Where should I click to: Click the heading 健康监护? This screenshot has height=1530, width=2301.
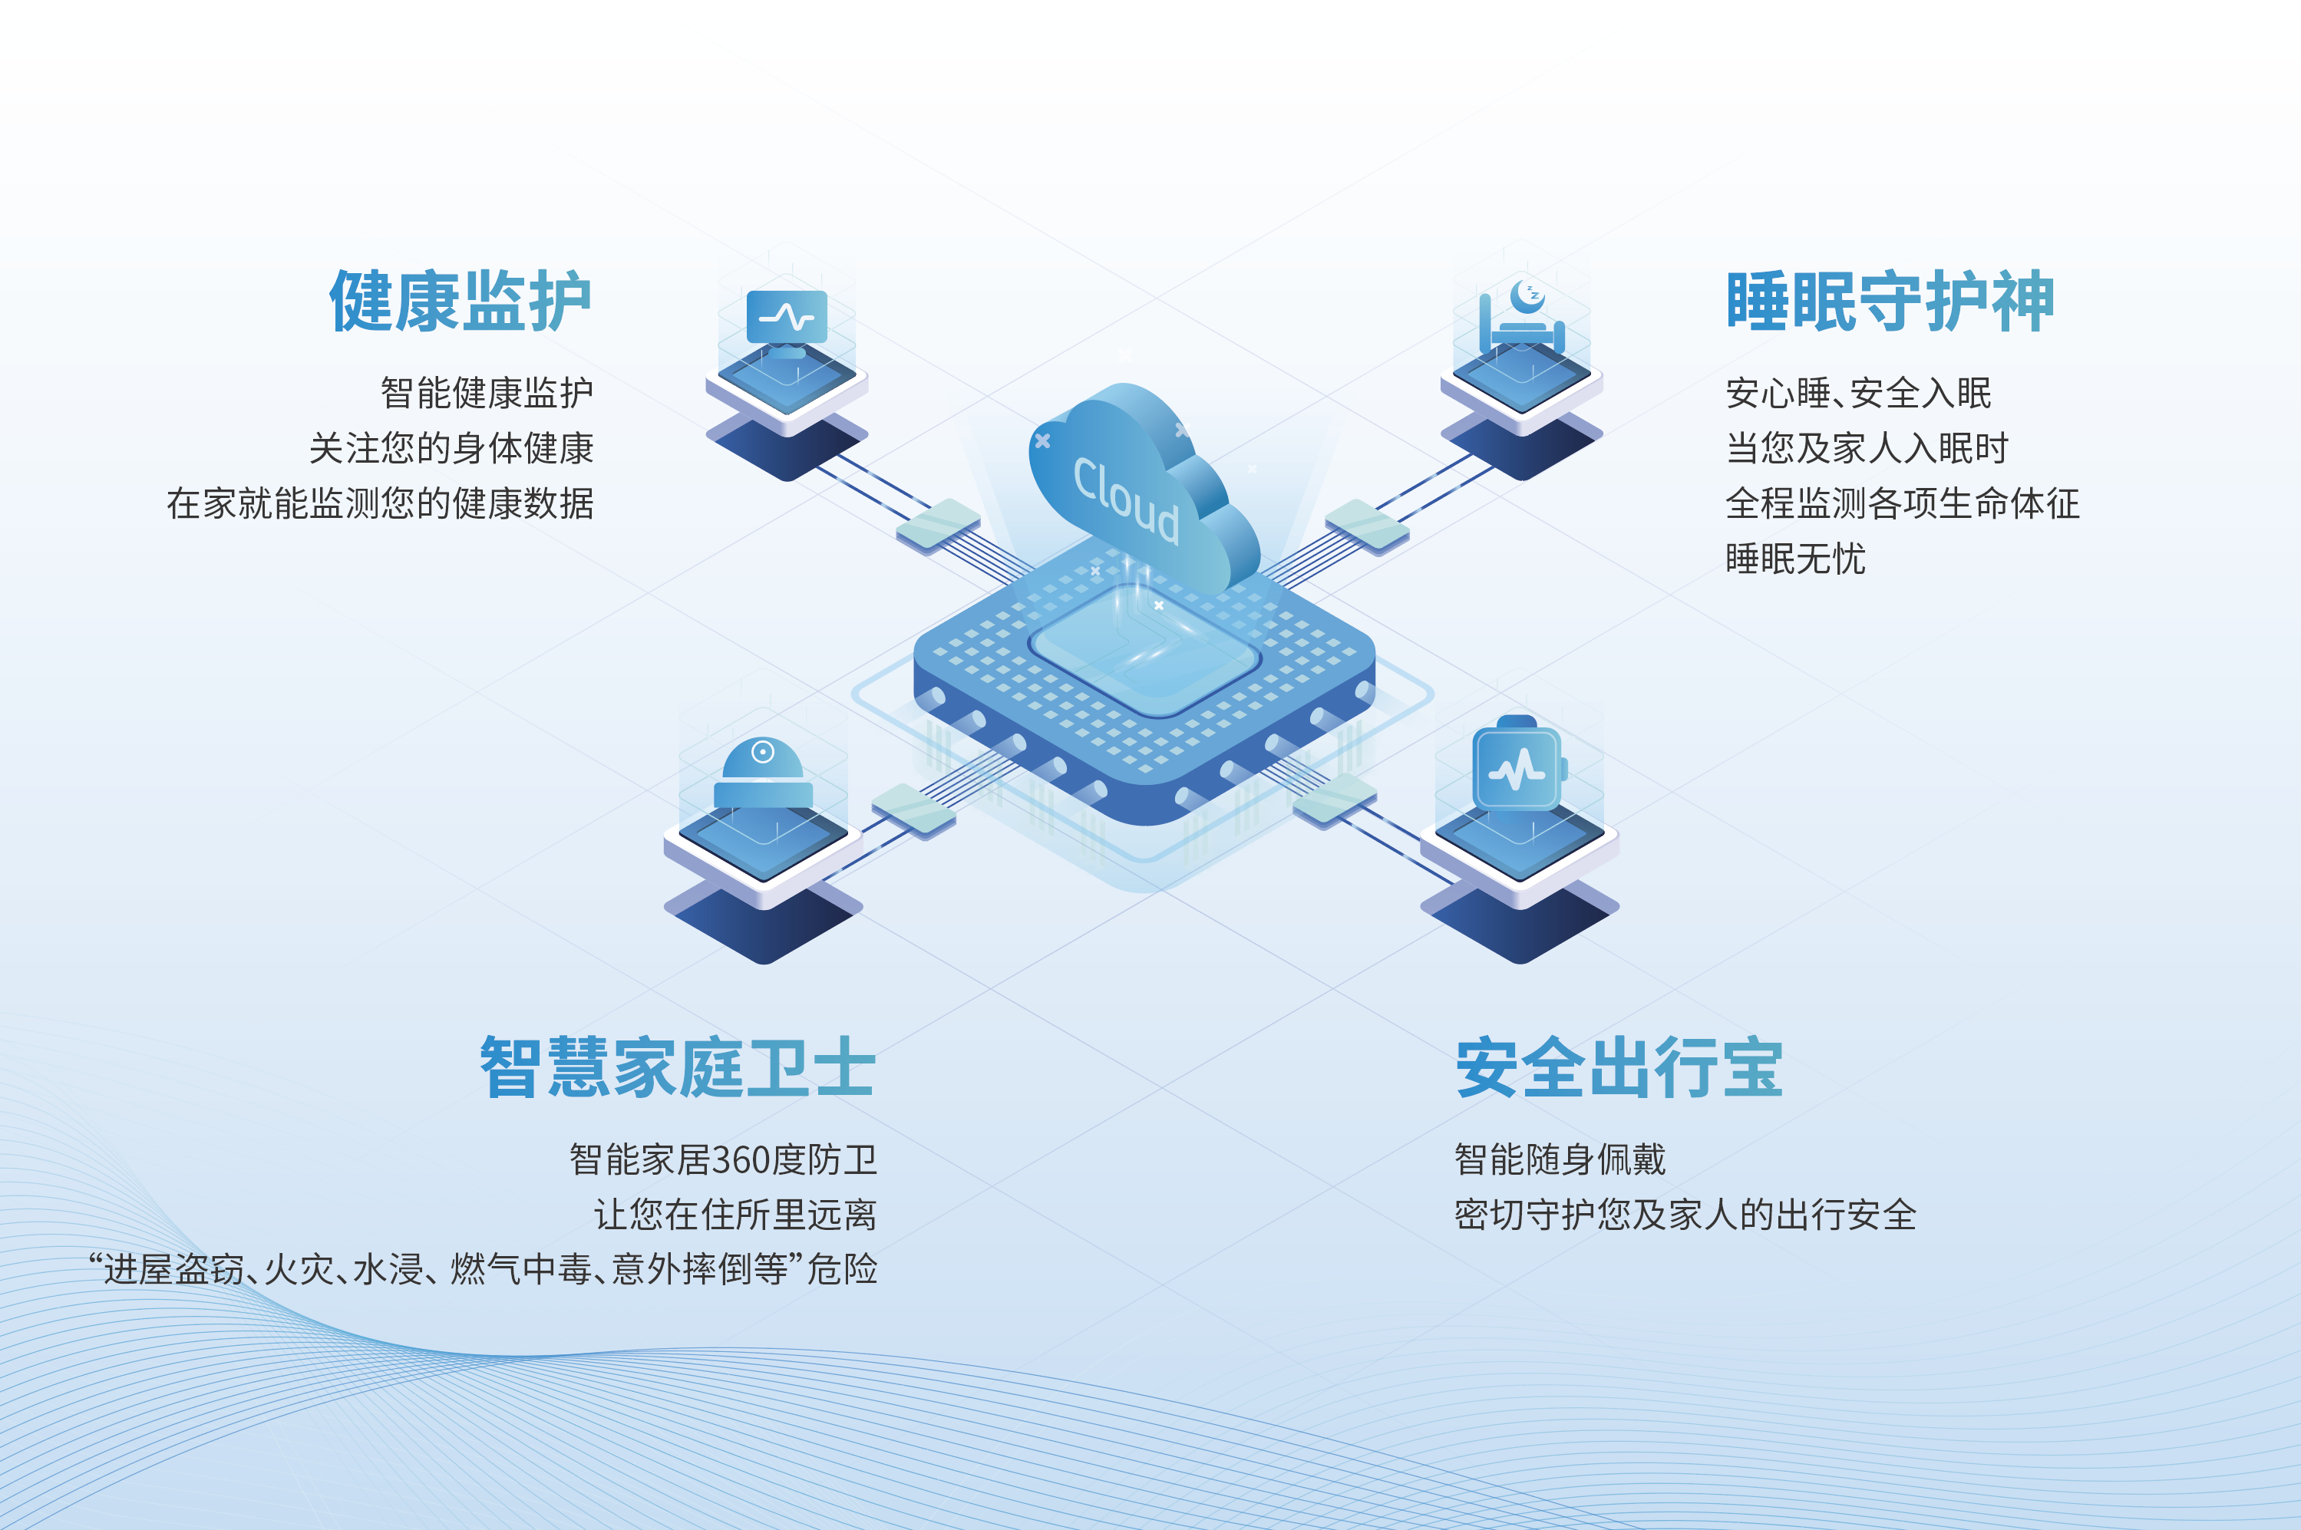tap(461, 302)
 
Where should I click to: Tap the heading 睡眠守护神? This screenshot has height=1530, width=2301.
tap(1890, 302)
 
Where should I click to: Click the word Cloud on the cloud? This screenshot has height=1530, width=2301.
tap(1126, 500)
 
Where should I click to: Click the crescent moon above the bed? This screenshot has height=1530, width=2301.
tap(1526, 295)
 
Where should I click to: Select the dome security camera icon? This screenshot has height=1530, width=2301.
tap(763, 773)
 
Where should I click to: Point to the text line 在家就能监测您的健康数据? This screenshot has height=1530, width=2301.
tap(381, 503)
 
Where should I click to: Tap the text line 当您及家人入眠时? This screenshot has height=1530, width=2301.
tap(1867, 448)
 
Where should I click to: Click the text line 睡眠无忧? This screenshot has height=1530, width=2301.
tap(1795, 559)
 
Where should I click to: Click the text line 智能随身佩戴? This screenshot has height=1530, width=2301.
tap(1560, 1159)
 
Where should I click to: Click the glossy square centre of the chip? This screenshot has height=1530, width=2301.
tap(1144, 651)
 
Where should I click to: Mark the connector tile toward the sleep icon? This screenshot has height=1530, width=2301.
tap(1367, 526)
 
